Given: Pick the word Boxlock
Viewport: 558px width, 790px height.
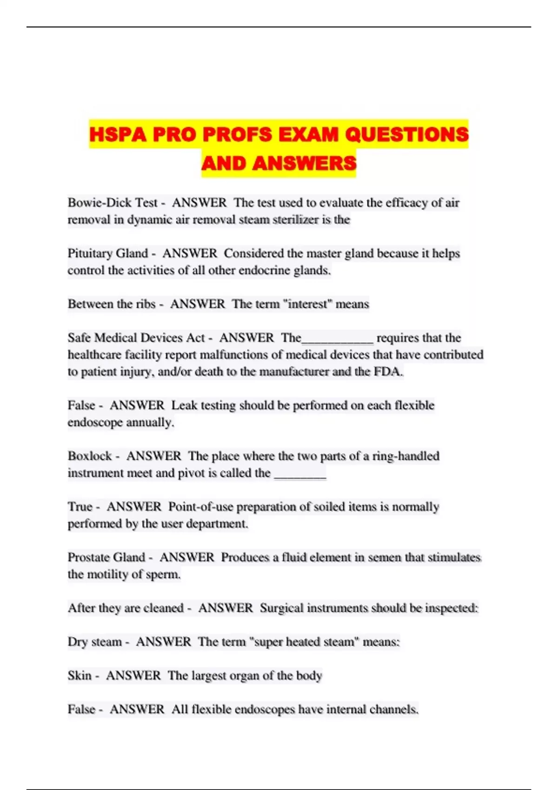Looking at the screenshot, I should click(90, 456).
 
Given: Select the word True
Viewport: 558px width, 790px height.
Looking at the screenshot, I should click(80, 507).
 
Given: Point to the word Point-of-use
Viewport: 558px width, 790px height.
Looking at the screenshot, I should click(200, 507).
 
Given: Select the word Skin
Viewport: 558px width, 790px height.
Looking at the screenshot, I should click(80, 675).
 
